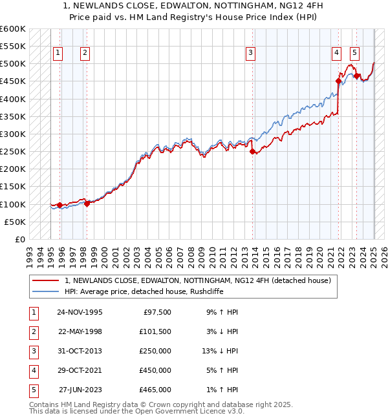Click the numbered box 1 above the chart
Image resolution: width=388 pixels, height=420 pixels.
point(58,53)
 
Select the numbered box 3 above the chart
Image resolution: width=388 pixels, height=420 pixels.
point(251,53)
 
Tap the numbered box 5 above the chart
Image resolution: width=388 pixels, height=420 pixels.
point(355,53)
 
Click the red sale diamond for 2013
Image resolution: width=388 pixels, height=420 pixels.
point(253,152)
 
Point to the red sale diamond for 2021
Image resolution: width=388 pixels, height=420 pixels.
point(338,81)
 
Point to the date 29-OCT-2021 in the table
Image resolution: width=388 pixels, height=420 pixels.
point(80,370)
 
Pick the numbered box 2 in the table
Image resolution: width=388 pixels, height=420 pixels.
point(32,331)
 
